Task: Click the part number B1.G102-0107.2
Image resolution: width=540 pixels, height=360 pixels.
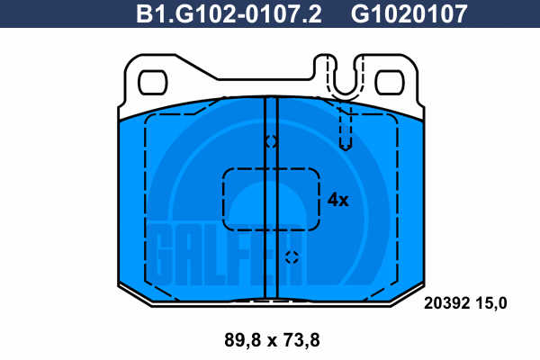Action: coord(229,14)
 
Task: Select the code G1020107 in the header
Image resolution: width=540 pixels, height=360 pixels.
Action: coord(409,14)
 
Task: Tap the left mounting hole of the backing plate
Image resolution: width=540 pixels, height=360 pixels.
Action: coord(153,83)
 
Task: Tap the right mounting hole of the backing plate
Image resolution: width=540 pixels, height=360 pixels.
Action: coord(390,83)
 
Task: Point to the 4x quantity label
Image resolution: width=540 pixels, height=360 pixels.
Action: coord(337,200)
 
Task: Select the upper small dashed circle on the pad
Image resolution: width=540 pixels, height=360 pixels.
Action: coord(272,141)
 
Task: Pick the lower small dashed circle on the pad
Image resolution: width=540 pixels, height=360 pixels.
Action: coord(292,257)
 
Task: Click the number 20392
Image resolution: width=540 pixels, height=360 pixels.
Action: coord(447,303)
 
